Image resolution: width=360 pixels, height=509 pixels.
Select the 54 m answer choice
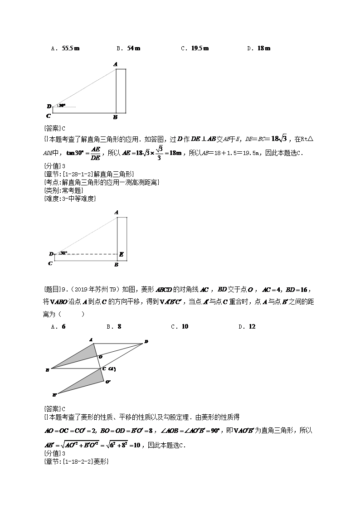click(x=133, y=48)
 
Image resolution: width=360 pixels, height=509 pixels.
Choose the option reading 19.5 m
click(x=199, y=48)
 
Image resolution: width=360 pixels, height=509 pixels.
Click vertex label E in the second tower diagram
click(x=121, y=255)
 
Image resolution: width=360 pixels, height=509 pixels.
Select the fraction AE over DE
click(x=95, y=153)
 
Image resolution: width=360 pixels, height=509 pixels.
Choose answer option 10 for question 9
click(x=185, y=326)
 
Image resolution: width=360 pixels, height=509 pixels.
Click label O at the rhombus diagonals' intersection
click(x=100, y=357)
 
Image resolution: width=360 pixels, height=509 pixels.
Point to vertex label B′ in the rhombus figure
click(x=54, y=395)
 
